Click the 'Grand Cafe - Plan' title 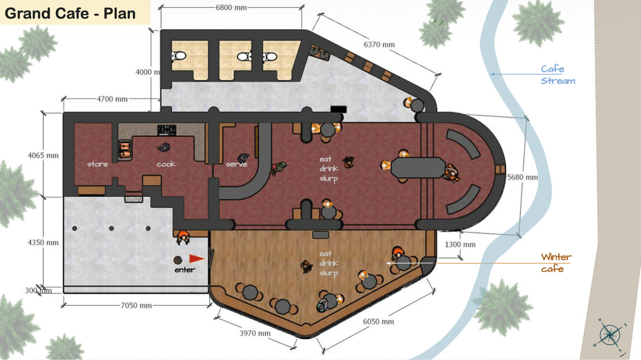(x=70, y=13)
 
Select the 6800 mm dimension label (x=231, y=8)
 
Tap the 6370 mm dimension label (x=379, y=44)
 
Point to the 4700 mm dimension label (x=112, y=99)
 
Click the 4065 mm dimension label (x=43, y=156)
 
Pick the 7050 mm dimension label (x=136, y=305)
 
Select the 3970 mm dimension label (x=255, y=333)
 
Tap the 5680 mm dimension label (x=523, y=177)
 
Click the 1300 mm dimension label (x=460, y=244)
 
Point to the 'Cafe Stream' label (x=558, y=75)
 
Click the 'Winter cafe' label (x=556, y=263)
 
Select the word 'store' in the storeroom (x=98, y=164)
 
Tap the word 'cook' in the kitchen (x=166, y=164)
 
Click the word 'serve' (x=236, y=164)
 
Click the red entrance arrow (x=196, y=259)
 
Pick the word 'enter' (x=185, y=270)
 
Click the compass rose (x=610, y=335)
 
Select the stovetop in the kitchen (x=167, y=130)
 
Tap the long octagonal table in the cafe (x=418, y=168)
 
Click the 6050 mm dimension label (x=379, y=322)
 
